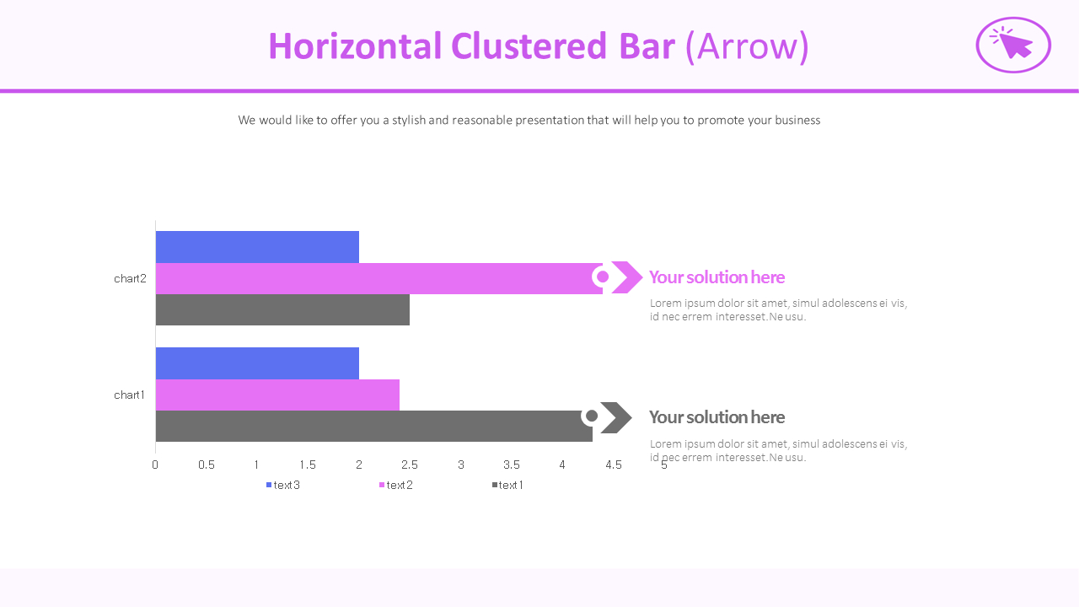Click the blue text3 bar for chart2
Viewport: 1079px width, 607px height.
click(257, 247)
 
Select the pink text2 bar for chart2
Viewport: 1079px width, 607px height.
click(379, 278)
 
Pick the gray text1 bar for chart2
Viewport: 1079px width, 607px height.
click(282, 309)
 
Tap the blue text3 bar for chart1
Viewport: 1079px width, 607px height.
click(257, 363)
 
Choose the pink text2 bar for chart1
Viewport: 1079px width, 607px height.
click(277, 395)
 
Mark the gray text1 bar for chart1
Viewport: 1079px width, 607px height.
click(373, 427)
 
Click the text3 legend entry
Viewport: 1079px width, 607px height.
click(283, 485)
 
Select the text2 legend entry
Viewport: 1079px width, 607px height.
click(396, 485)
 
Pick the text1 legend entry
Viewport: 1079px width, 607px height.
click(507, 485)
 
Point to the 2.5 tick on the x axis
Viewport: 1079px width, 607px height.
click(410, 465)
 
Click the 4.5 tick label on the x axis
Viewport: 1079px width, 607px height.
click(613, 465)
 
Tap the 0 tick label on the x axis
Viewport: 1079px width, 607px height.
click(155, 465)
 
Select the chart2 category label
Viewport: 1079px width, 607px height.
click(130, 278)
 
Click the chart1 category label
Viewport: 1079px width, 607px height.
click(129, 395)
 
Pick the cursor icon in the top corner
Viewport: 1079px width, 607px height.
click(1013, 45)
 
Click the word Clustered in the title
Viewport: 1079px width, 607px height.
click(529, 46)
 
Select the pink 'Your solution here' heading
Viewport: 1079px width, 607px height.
click(717, 277)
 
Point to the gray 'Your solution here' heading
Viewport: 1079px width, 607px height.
click(717, 417)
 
